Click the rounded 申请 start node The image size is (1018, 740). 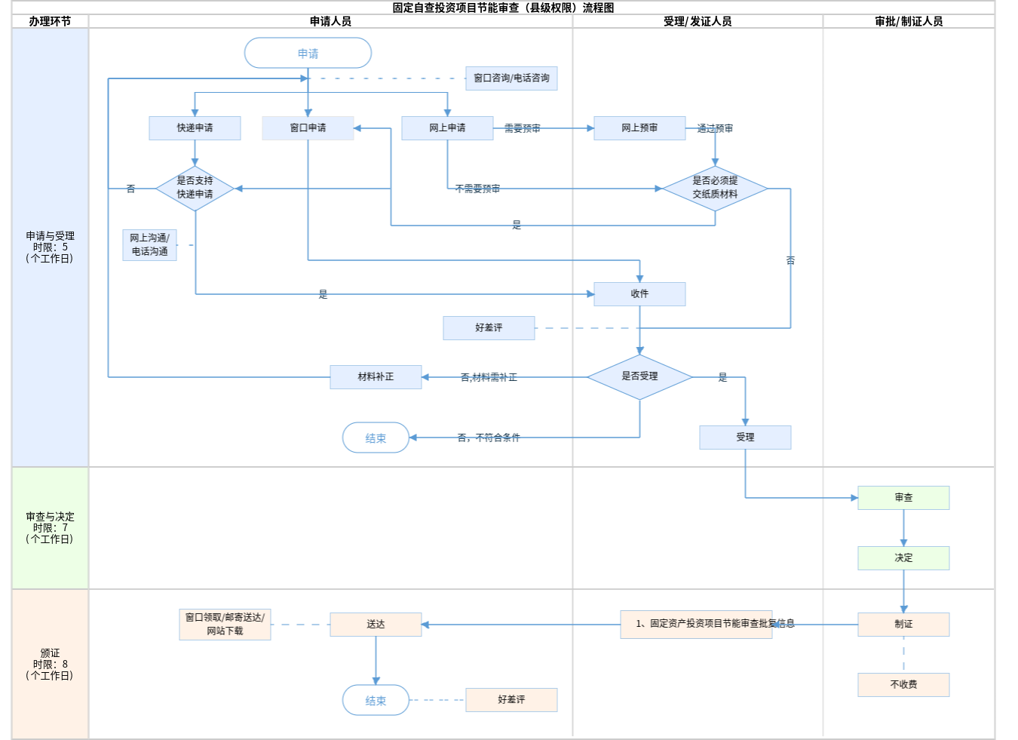pos(308,54)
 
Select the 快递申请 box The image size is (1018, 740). pos(195,128)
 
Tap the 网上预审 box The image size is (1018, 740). pos(639,128)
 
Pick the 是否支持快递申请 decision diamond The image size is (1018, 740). pos(195,188)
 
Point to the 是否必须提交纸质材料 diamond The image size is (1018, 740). pos(715,188)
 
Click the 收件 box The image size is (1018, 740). pos(639,294)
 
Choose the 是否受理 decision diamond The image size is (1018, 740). pos(639,376)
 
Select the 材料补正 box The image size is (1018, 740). pos(376,377)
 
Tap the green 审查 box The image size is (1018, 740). pos(903,498)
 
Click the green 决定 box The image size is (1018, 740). pos(903,558)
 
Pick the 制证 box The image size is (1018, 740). pos(903,625)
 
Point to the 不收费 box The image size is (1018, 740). pos(903,685)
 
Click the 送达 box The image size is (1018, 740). pos(376,625)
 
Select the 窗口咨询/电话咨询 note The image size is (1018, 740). pos(511,78)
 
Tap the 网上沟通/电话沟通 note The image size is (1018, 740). pos(149,245)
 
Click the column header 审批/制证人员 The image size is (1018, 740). pos(909,22)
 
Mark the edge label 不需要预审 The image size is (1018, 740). pos(477,189)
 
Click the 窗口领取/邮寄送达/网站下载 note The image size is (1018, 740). pos(225,625)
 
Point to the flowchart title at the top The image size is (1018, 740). pos(503,8)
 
